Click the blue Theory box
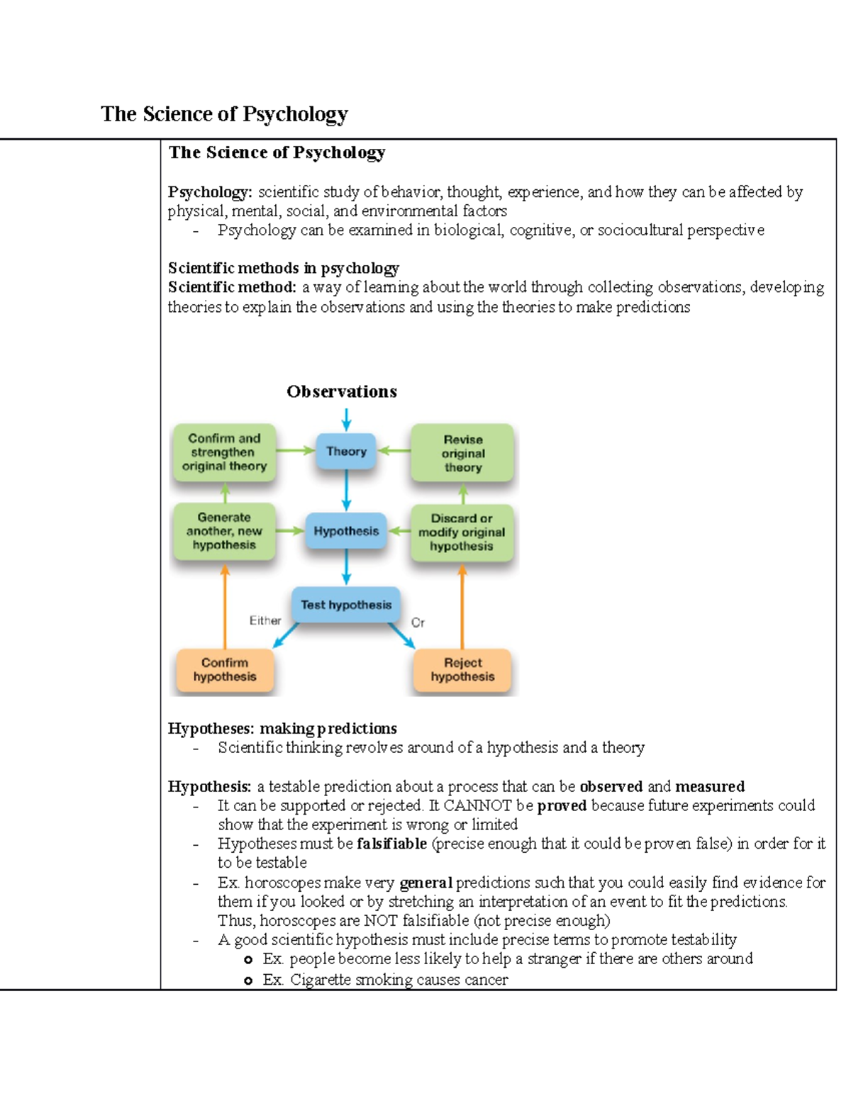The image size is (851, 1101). click(346, 452)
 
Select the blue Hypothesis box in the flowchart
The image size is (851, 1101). click(346, 531)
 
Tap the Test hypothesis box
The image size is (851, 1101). click(346, 605)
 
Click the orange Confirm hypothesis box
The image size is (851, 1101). click(225, 670)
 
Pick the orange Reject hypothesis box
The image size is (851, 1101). click(462, 670)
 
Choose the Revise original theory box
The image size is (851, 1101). click(462, 454)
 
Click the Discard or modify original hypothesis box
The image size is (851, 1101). click(462, 532)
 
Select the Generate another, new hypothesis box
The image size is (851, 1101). click(224, 531)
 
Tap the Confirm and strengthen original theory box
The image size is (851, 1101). click(224, 452)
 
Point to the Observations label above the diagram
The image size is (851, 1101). click(342, 391)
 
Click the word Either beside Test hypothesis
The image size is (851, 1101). click(265, 621)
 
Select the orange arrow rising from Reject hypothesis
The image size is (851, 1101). click(462, 606)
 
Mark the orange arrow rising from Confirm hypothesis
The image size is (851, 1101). click(225, 606)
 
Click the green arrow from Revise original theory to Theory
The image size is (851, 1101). click(394, 451)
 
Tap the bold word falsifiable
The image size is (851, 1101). click(391, 844)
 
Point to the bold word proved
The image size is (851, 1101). click(562, 805)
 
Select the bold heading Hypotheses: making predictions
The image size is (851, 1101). click(282, 728)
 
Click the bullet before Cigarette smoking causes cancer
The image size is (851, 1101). click(247, 980)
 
